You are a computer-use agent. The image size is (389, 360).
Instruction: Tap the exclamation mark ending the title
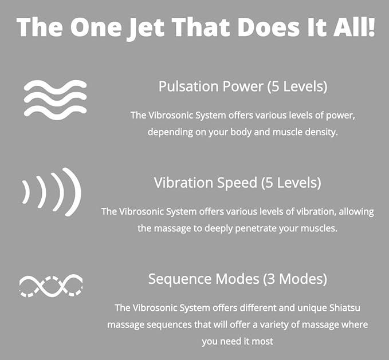pyautogui.click(x=371, y=27)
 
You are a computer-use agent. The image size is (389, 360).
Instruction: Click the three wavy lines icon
pyautogui.click(x=56, y=100)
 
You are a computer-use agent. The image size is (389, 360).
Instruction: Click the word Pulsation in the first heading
pyautogui.click(x=189, y=86)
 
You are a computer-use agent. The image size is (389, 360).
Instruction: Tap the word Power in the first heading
pyautogui.click(x=243, y=86)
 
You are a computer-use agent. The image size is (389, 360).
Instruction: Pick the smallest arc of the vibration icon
pyautogui.click(x=26, y=192)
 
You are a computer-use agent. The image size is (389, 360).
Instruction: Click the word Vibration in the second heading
pyautogui.click(x=183, y=183)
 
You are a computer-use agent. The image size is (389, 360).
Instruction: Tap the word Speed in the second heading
pyautogui.click(x=237, y=183)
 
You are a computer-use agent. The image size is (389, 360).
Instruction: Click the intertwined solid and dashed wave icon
pyautogui.click(x=51, y=286)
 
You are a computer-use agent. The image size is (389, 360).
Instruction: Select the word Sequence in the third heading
pyautogui.click(x=180, y=279)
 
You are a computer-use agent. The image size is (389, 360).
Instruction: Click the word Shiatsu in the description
pyautogui.click(x=345, y=308)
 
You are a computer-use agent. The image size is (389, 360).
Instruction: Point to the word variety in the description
pyautogui.click(x=274, y=325)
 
